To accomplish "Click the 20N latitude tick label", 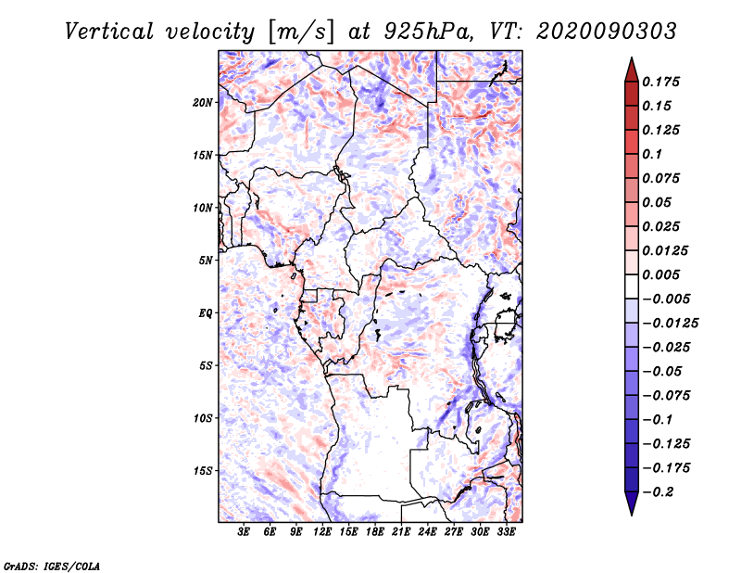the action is coord(203,103).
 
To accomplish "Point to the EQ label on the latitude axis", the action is coord(206,313).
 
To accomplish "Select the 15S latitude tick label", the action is coord(203,471).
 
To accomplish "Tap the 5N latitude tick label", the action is coord(206,261).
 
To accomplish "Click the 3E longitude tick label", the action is coord(244,532).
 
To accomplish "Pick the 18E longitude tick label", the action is coord(375,532).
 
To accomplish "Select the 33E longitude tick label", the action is coord(506,532).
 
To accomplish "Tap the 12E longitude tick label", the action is coord(322,532).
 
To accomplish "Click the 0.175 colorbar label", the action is coord(660,82).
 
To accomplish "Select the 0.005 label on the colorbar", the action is coord(660,274).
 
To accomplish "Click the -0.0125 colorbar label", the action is coord(670,324).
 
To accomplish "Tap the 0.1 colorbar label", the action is coord(652,154).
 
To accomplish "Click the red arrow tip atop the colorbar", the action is coord(632,57).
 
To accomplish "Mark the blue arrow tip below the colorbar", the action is coord(632,515).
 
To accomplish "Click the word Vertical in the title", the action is coord(109,32).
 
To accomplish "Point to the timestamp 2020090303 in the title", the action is coord(607,32).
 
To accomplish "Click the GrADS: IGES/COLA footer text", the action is coord(52,567).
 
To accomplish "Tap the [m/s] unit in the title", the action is coord(301,32).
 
